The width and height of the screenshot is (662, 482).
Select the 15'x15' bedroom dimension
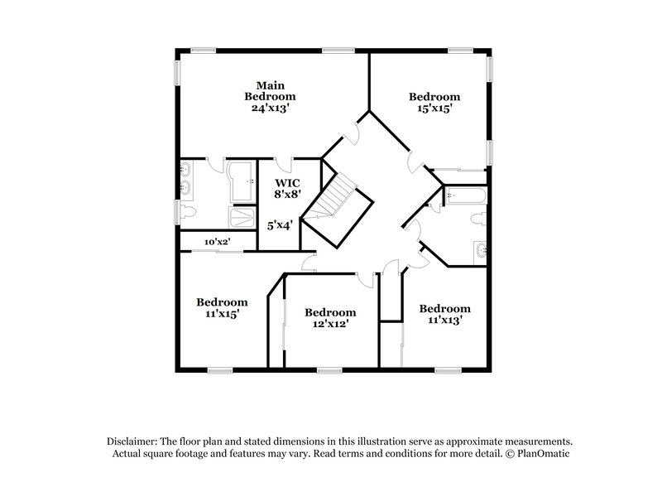tap(434, 108)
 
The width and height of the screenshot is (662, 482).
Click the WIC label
tap(287, 181)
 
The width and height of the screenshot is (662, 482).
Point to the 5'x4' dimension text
tap(279, 223)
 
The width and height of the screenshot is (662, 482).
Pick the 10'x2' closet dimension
tap(217, 242)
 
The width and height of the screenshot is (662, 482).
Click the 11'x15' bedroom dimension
tap(222, 314)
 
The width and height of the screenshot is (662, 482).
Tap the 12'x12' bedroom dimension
tap(330, 324)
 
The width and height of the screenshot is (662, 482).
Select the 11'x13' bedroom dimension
tap(444, 320)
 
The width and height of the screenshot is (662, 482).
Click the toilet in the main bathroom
tap(186, 214)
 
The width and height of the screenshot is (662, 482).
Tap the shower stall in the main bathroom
tap(242, 218)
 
